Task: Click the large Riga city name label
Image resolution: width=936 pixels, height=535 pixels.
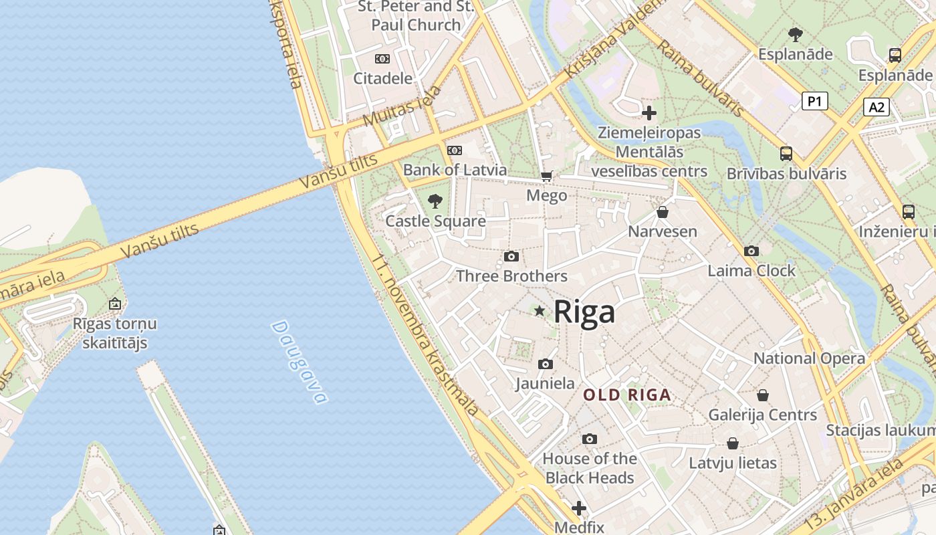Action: (584, 312)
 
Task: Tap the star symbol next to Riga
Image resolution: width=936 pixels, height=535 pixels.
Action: (540, 311)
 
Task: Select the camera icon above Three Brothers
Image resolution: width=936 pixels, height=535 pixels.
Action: (511, 257)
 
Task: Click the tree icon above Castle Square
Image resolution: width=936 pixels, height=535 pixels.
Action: (435, 201)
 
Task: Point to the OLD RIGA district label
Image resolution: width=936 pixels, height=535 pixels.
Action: (627, 395)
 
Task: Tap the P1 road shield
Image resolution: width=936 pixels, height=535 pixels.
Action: (814, 101)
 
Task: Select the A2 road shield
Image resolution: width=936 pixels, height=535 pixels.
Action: (876, 107)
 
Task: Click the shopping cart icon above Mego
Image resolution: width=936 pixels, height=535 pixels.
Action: (546, 177)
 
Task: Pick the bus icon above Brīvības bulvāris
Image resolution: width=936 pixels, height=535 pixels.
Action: (786, 154)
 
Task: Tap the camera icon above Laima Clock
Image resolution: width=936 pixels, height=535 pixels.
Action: (751, 251)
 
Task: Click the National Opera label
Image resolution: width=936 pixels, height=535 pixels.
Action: (809, 358)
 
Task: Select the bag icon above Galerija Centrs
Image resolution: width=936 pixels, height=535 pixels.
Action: (763, 395)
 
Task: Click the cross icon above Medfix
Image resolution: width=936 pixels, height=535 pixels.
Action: (579, 508)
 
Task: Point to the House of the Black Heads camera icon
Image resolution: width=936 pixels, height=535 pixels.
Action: (589, 439)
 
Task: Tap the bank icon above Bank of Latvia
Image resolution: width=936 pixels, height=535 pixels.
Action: (455, 150)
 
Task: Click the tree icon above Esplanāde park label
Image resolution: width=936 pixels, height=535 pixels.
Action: (795, 34)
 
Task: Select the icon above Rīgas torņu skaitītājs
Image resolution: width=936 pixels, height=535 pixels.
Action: (115, 304)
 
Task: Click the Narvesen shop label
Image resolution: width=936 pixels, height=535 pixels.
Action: (662, 232)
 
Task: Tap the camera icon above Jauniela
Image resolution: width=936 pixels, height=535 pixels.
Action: (546, 364)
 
